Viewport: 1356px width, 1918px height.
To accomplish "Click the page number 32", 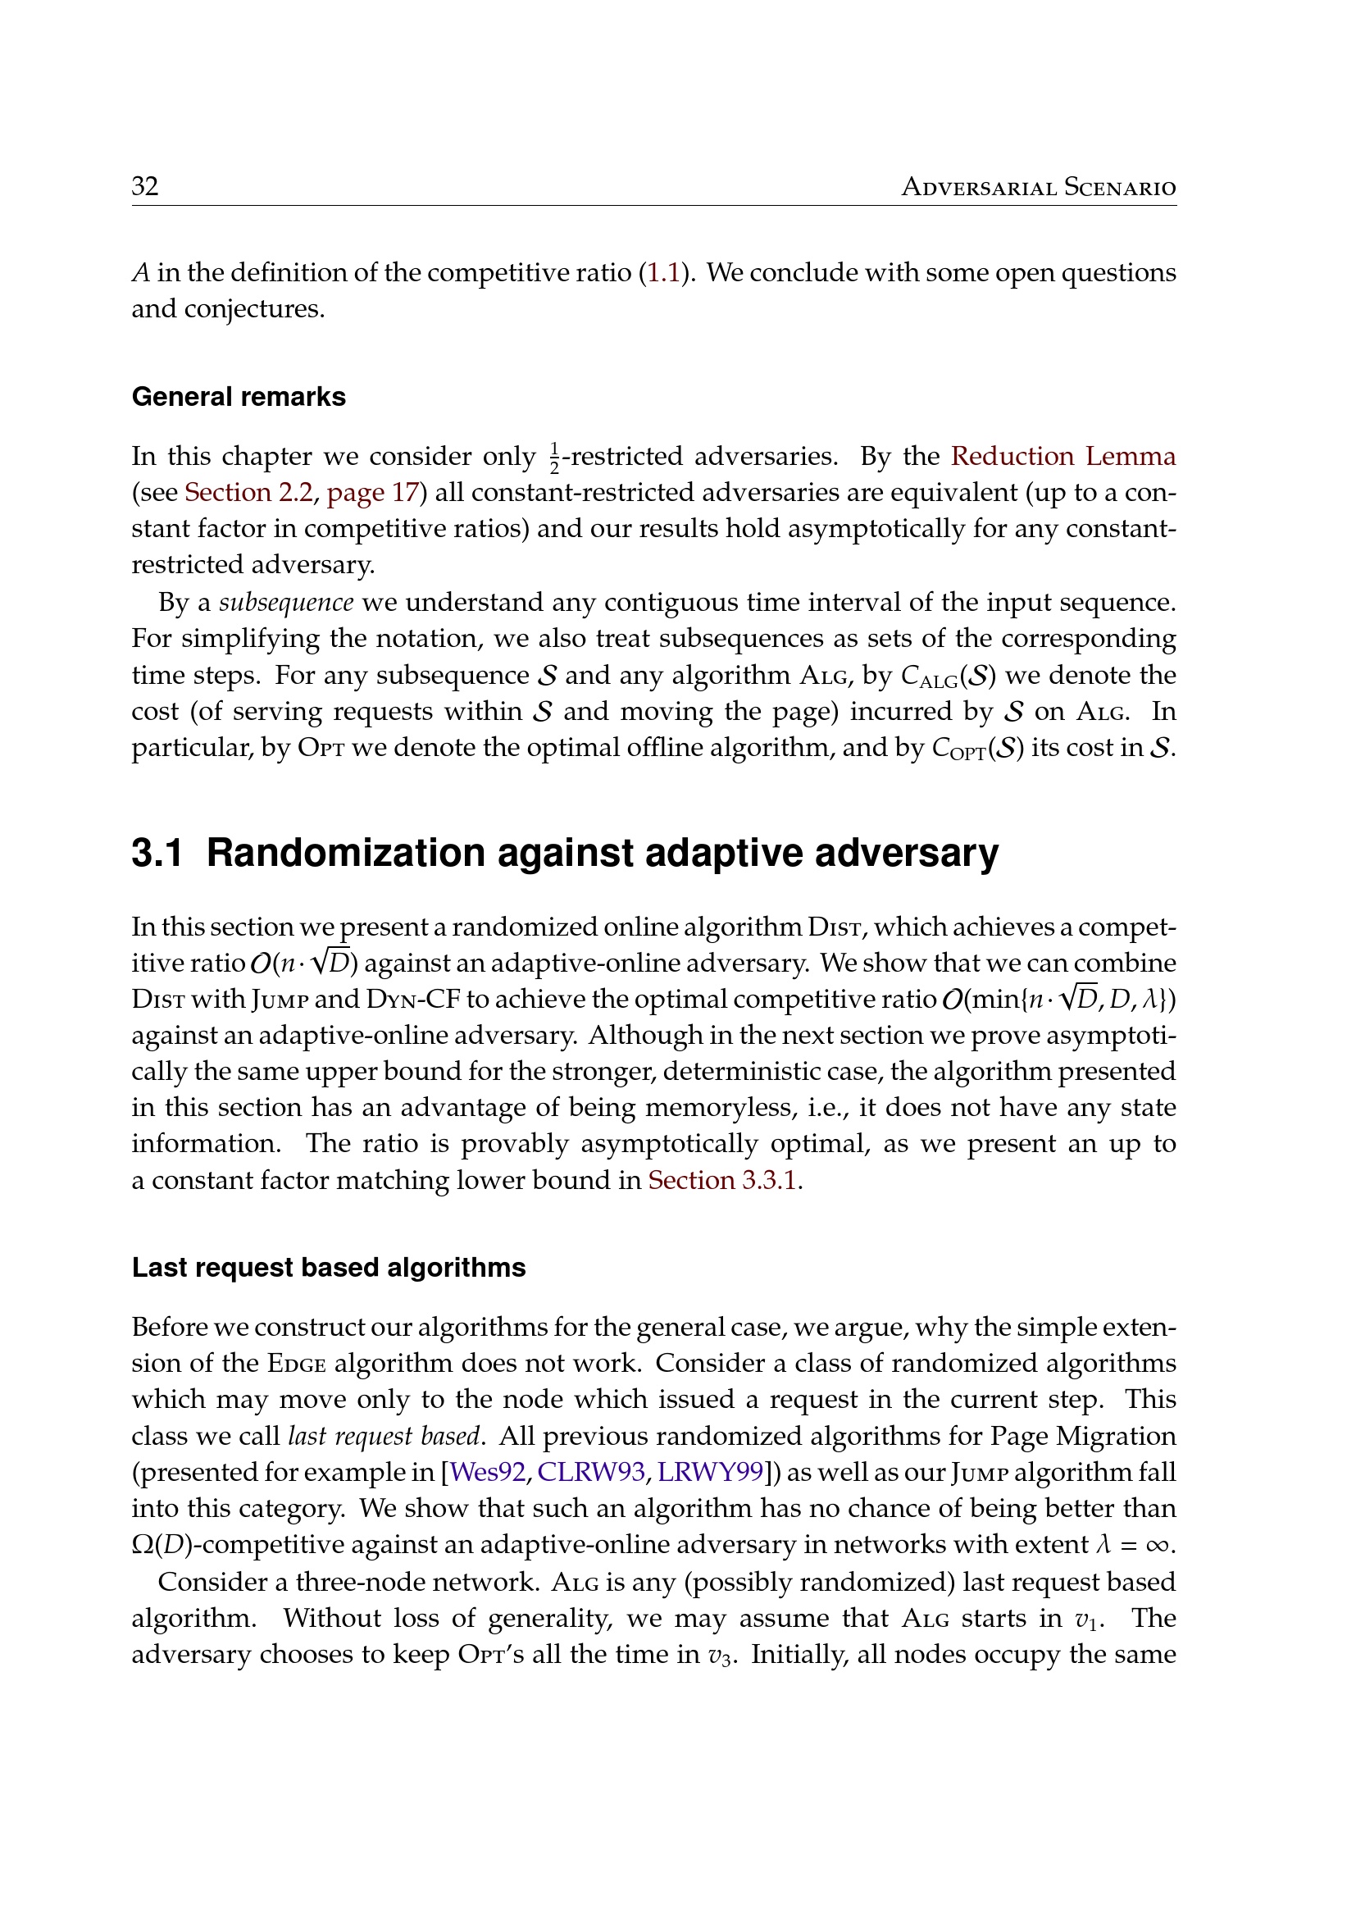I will point(145,185).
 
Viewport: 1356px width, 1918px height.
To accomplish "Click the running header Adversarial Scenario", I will point(1038,187).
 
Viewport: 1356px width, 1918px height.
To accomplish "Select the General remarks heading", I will point(239,396).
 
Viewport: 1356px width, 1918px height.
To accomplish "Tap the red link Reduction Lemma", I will point(1063,456).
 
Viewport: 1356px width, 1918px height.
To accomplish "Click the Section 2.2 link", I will point(248,492).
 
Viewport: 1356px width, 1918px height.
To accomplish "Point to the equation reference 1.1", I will point(664,272).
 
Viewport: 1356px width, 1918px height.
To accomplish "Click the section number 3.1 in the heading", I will point(157,853).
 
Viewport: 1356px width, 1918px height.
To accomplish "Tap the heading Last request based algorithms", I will point(329,1267).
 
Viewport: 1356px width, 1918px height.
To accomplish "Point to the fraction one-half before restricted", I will point(554,457).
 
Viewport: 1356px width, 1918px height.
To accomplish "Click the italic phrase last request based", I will point(384,1435).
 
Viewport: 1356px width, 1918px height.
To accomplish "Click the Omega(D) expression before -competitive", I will point(163,1545).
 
